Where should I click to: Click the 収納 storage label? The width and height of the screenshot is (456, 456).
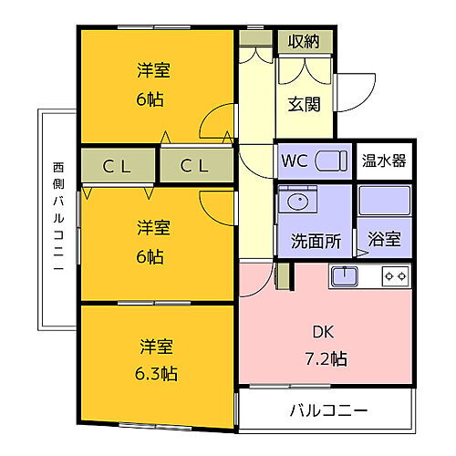(x=305, y=41)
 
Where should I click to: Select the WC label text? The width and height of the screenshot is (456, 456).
(x=295, y=161)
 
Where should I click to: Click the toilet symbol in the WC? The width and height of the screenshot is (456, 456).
(x=332, y=161)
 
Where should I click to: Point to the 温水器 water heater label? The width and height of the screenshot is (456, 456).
(x=383, y=161)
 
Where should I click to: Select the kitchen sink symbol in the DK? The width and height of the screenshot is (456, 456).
(x=347, y=275)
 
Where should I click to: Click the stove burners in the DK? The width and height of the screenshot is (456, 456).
(x=395, y=275)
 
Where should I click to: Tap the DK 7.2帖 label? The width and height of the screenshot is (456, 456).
(x=326, y=344)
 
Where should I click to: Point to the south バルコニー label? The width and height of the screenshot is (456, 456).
(x=329, y=409)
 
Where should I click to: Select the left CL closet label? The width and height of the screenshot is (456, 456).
(x=116, y=166)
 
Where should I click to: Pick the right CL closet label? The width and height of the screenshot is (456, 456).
(x=193, y=166)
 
